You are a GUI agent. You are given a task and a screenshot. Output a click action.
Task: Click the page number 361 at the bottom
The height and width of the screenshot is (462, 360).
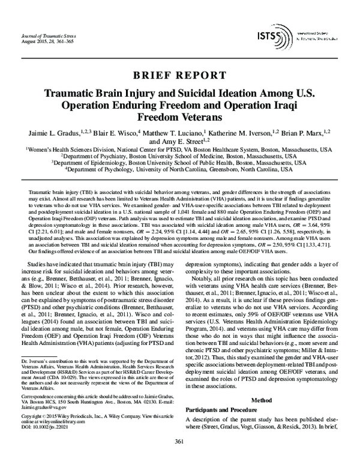179,442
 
